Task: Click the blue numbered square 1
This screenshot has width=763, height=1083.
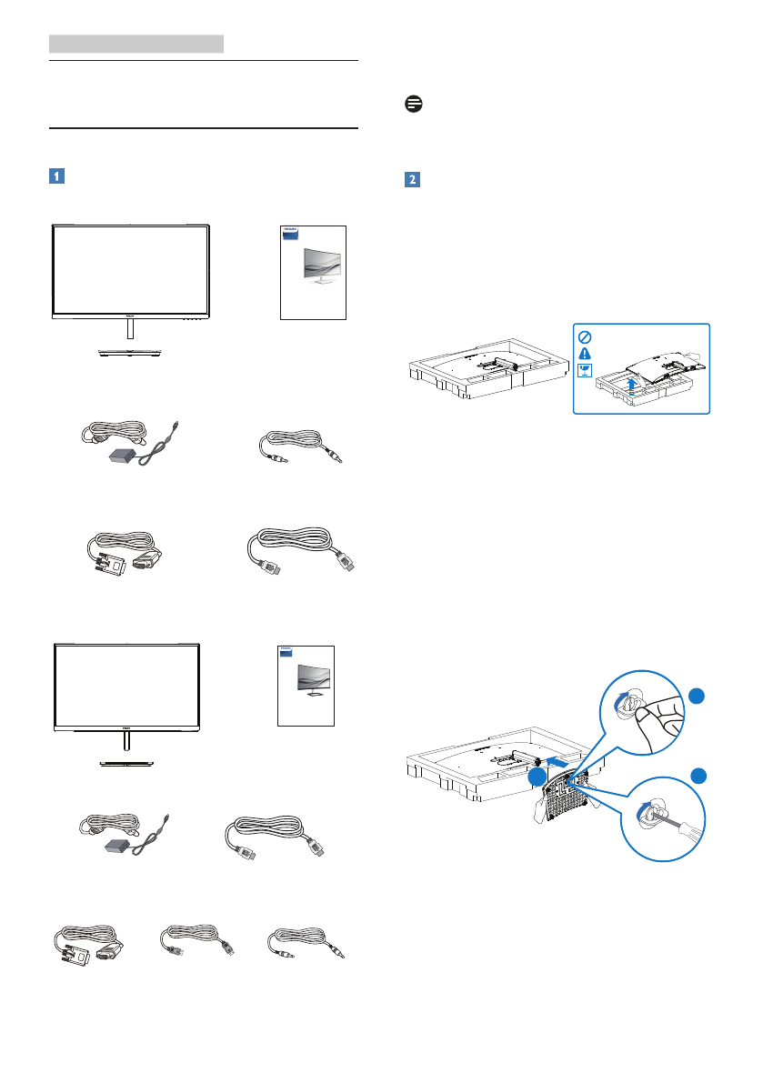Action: (x=56, y=176)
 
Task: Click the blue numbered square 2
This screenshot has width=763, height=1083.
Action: (x=411, y=180)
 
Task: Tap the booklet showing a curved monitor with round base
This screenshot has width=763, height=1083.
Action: (x=314, y=272)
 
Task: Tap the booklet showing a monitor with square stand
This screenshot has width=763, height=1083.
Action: (x=306, y=685)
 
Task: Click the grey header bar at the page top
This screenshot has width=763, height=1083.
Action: (x=136, y=43)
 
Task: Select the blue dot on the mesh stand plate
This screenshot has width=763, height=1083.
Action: (x=538, y=777)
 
